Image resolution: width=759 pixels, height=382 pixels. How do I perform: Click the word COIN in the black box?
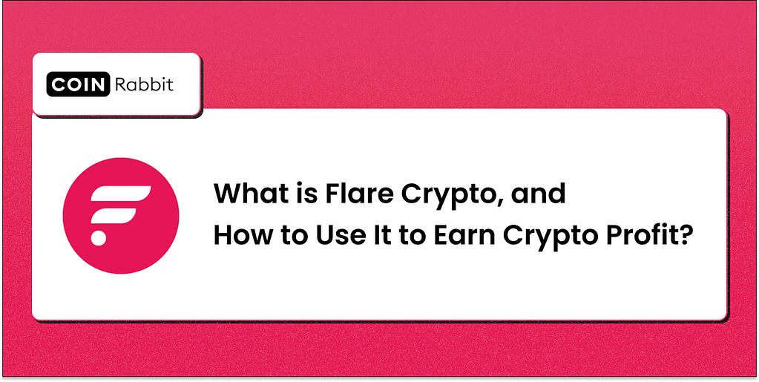coord(78,85)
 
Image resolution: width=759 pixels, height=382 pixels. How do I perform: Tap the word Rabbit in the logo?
coord(144,85)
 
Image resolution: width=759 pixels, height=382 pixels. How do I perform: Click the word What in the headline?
coord(243,194)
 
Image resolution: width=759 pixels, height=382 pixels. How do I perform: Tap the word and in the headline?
coord(542,194)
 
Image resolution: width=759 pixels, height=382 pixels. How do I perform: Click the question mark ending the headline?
coord(687,235)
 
